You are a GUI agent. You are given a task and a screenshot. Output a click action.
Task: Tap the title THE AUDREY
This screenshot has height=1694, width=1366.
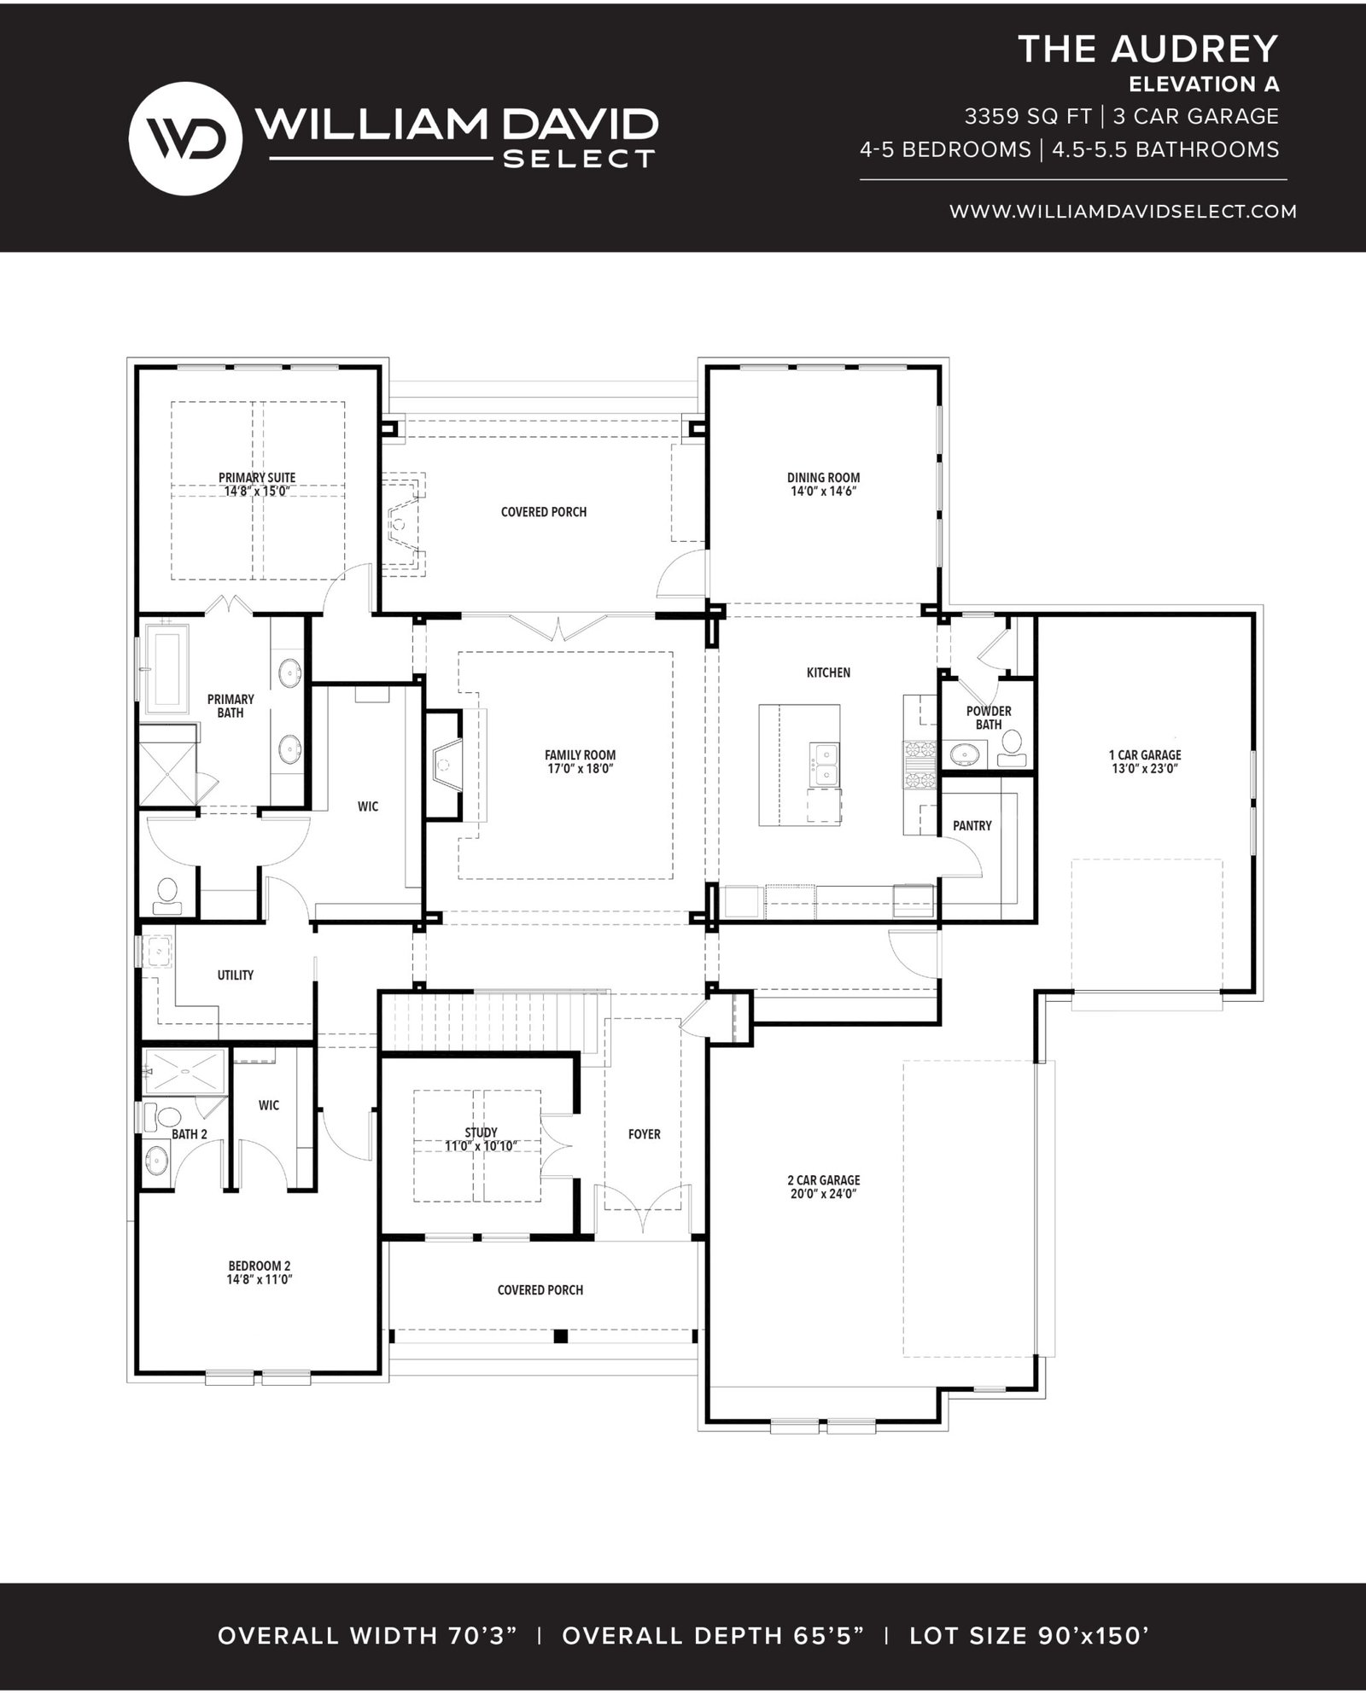point(1148,49)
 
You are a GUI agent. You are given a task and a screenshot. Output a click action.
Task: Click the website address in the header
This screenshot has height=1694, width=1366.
point(1124,211)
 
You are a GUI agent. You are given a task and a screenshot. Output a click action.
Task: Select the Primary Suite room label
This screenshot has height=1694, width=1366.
point(257,478)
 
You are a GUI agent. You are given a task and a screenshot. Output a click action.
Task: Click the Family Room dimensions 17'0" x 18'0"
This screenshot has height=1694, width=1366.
point(580,768)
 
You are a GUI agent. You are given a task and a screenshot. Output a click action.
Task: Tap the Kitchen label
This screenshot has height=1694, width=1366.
point(828,672)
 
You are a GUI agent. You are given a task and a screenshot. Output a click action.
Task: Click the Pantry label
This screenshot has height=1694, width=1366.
point(972,825)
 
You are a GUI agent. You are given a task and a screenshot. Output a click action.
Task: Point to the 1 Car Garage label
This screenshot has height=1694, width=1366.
point(1145,754)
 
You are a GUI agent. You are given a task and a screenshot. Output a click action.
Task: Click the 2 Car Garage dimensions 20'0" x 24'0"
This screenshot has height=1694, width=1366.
point(823,1194)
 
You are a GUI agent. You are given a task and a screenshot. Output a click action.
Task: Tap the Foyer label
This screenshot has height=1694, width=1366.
point(644,1134)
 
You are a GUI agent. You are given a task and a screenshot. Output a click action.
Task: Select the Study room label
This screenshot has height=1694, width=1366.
point(482,1132)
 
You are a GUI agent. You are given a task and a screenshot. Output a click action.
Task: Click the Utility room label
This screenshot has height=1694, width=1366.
point(235,975)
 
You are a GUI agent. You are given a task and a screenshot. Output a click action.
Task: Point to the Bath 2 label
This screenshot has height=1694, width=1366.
point(190,1134)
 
